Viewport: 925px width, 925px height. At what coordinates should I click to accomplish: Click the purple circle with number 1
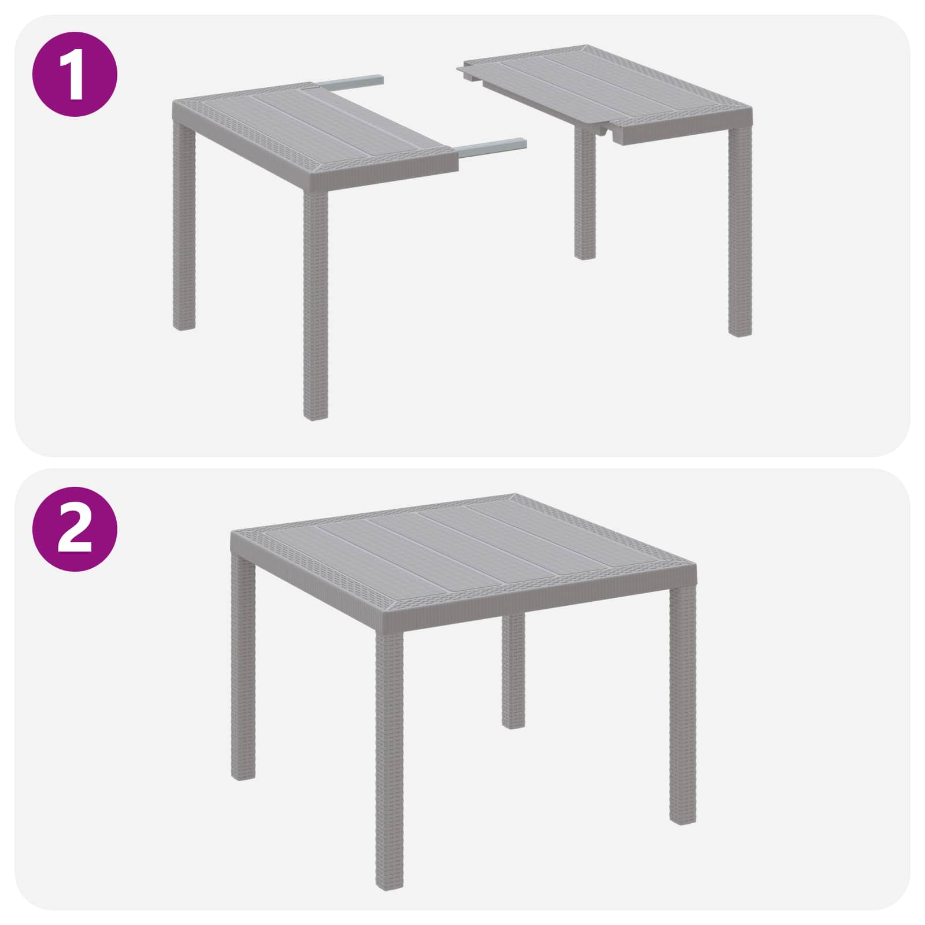(x=76, y=74)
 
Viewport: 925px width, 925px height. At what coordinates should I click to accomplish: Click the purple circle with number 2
(x=76, y=528)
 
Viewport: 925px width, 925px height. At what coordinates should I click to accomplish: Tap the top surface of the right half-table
(x=607, y=87)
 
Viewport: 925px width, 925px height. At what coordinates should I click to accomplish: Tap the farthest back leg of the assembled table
(x=513, y=671)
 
